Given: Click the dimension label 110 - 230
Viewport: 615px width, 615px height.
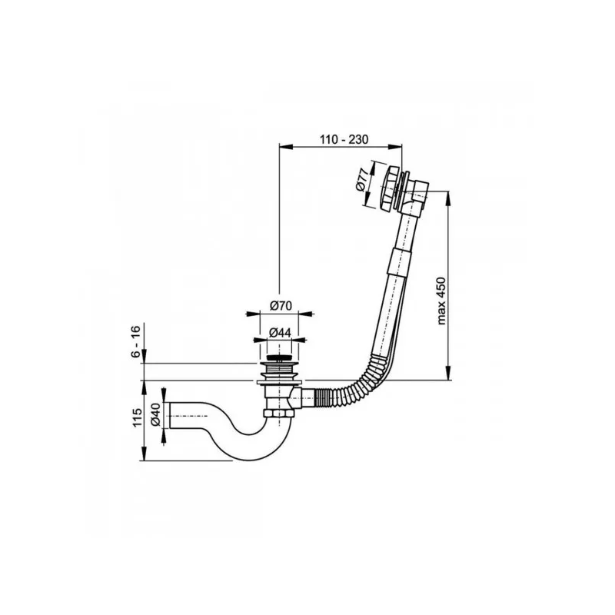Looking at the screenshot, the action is click(x=342, y=139).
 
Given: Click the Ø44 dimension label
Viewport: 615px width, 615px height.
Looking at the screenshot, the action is click(x=280, y=332).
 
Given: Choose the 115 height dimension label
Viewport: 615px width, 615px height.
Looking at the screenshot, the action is click(x=137, y=421).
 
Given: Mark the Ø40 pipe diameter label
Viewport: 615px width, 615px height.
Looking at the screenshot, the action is click(x=155, y=415).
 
